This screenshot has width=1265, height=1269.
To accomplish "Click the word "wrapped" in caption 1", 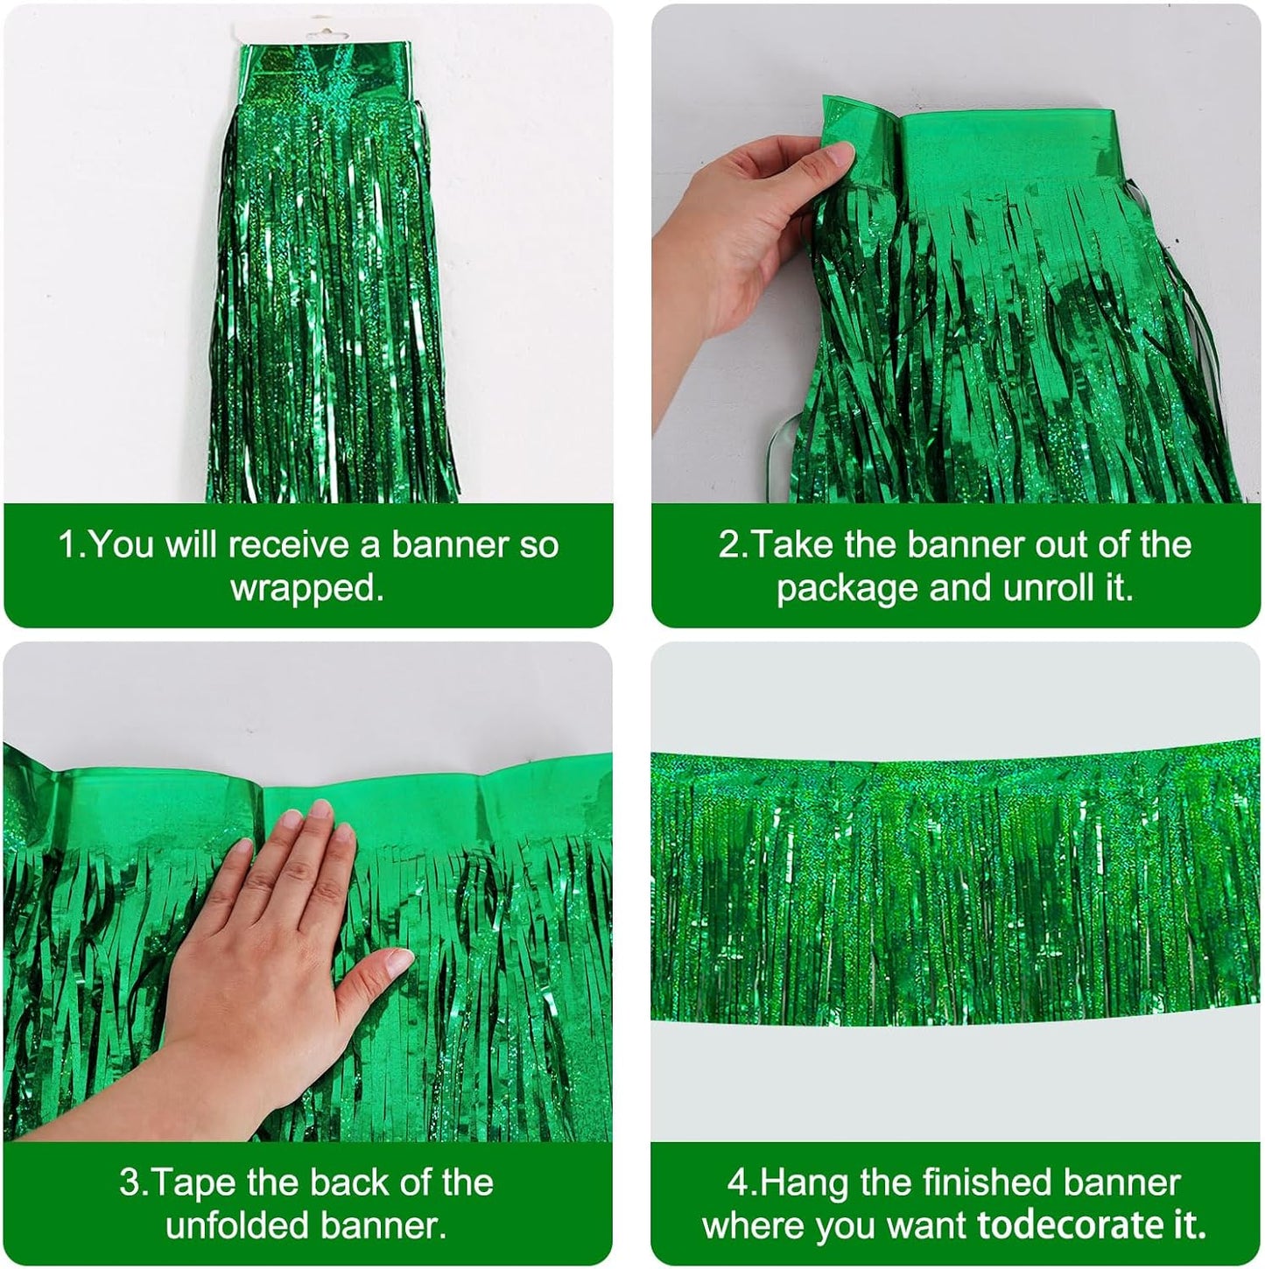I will coord(306,588).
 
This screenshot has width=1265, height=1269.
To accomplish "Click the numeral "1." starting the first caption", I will coord(72,544).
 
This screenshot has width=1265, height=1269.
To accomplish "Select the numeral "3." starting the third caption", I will coord(134,1182).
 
